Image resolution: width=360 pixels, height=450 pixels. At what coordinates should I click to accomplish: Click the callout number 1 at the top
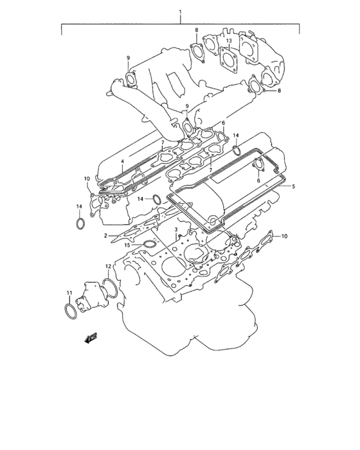pos(181,12)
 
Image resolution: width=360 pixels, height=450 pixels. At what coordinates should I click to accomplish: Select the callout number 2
pos(104,237)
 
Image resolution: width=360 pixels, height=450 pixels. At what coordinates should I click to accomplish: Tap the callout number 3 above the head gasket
pos(176,229)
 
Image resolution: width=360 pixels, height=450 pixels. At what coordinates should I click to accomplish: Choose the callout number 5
pos(293,186)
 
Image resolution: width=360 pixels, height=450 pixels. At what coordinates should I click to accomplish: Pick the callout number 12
pos(109,265)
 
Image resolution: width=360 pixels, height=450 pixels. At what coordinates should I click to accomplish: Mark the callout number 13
pos(228,42)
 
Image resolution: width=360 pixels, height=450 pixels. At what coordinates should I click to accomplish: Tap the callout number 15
pos(127,246)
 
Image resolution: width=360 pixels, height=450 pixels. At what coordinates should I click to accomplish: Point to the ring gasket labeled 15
pos(149,245)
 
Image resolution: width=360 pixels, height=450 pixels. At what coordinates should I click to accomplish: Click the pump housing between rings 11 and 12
pos(87,298)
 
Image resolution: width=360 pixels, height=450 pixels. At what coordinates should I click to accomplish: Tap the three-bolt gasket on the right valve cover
pos(260,165)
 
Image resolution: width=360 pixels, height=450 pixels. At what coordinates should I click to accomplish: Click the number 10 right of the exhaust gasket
pos(284,237)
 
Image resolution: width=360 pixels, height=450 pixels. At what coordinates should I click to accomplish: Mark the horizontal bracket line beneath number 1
pos(181,24)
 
